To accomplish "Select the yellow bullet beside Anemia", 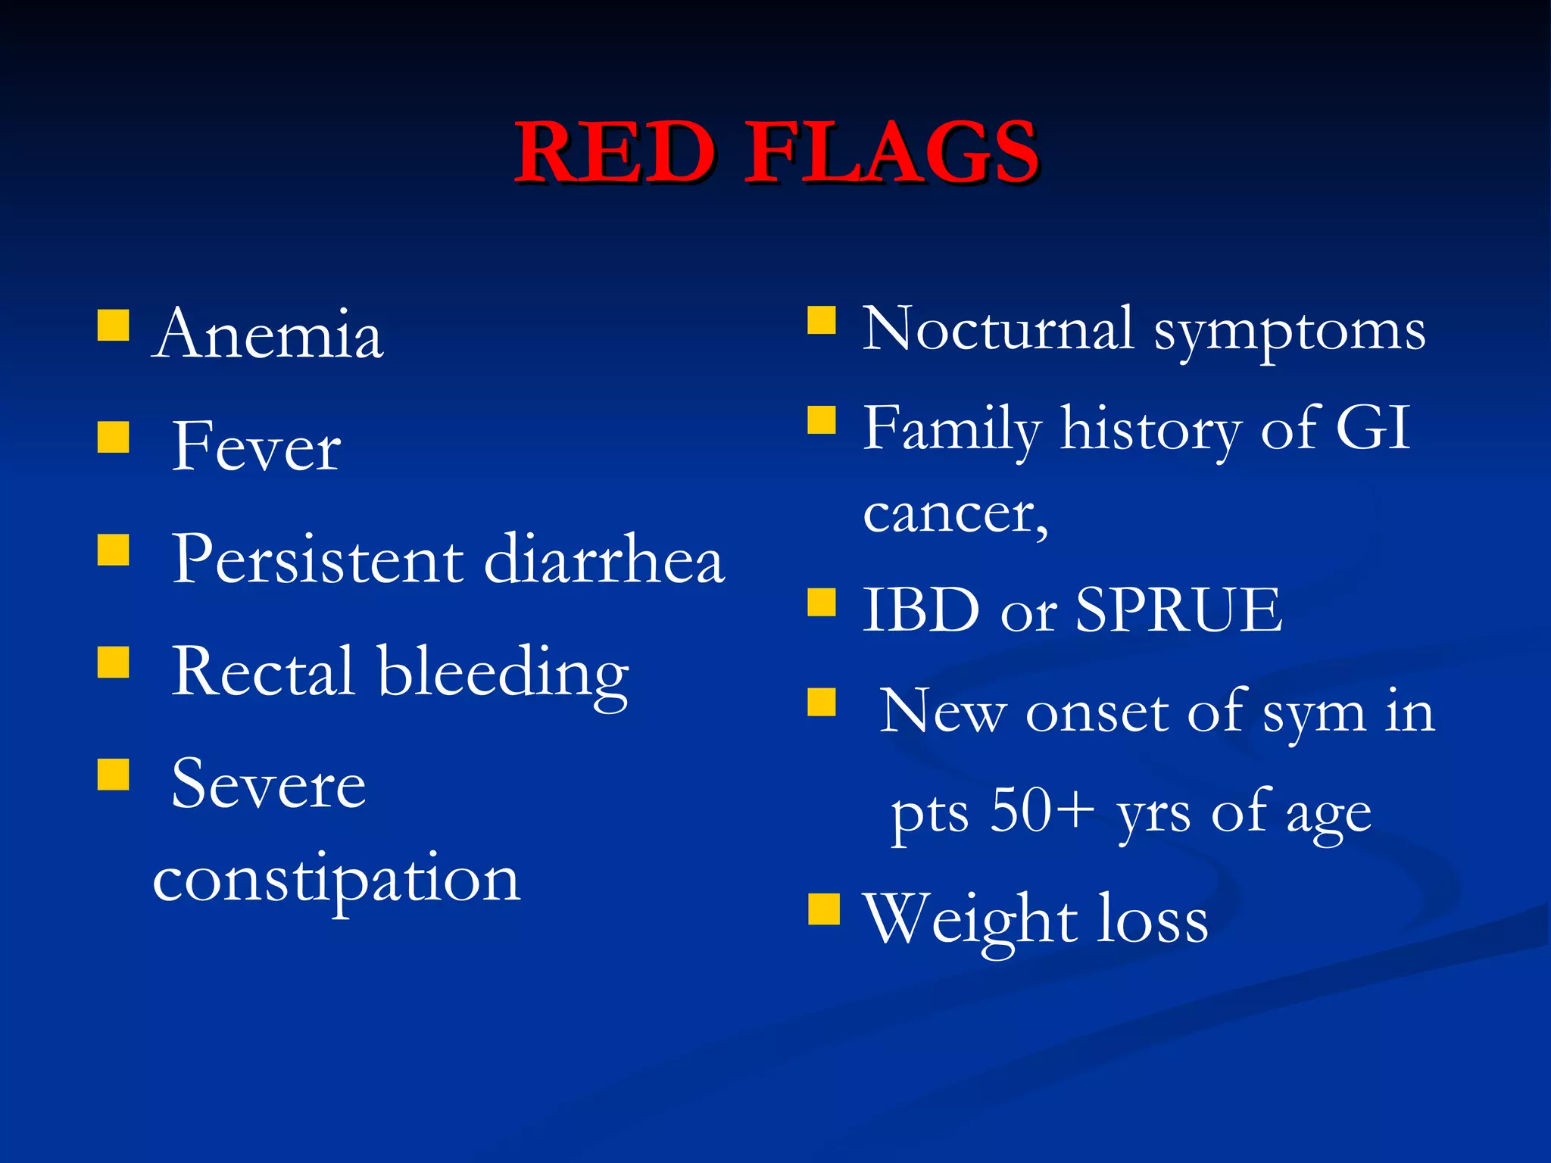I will tap(113, 325).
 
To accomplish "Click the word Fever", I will tap(256, 447).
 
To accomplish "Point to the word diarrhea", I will tap(604, 560).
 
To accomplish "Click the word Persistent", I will tap(317, 560).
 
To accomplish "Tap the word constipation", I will tap(336, 881).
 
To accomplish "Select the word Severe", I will tap(268, 785).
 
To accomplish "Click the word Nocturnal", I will tap(998, 329).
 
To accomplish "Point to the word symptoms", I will tap(1290, 333).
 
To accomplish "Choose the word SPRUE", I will tap(1178, 610).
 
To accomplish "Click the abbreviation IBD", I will tap(922, 610).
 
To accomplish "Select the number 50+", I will tap(1042, 810).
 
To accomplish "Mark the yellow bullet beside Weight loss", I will tap(823, 909).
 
